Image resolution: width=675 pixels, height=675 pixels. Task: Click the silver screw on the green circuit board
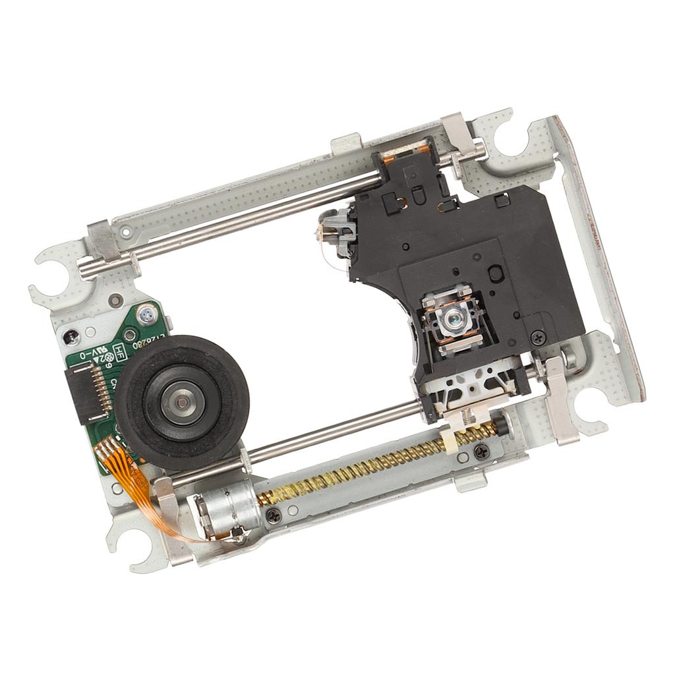(144, 315)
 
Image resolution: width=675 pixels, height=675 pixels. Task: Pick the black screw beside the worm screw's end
(482, 451)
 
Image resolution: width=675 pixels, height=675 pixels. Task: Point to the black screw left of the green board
(71, 337)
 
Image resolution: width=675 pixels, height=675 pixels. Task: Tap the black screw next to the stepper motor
(272, 517)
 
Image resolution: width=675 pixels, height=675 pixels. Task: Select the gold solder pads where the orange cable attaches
(109, 450)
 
